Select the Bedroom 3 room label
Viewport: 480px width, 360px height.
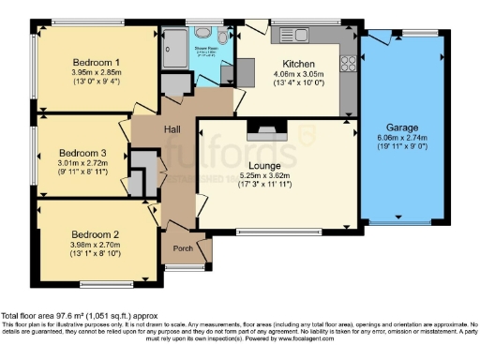point(82,152)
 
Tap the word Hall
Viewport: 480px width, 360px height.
point(173,131)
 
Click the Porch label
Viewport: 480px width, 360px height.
point(185,249)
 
